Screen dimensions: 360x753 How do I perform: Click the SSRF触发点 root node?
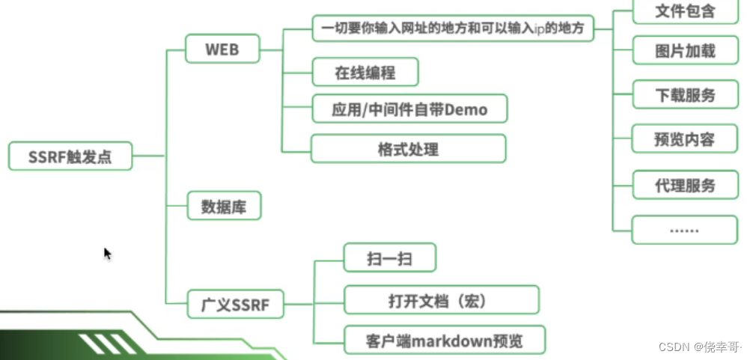click(70, 156)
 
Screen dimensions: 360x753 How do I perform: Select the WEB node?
click(222, 50)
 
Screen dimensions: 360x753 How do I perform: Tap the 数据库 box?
click(224, 205)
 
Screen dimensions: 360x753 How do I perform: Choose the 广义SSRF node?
click(235, 305)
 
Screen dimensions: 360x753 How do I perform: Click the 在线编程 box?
click(365, 73)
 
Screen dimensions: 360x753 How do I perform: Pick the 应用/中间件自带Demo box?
click(409, 110)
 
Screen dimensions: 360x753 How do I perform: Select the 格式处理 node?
click(408, 148)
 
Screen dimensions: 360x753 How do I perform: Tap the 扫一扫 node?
click(389, 259)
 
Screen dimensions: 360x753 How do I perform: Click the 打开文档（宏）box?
click(441, 300)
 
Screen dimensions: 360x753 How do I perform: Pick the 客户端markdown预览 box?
click(444, 341)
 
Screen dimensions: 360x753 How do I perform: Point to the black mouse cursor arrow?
click(107, 253)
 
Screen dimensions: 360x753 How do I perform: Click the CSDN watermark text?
click(702, 347)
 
